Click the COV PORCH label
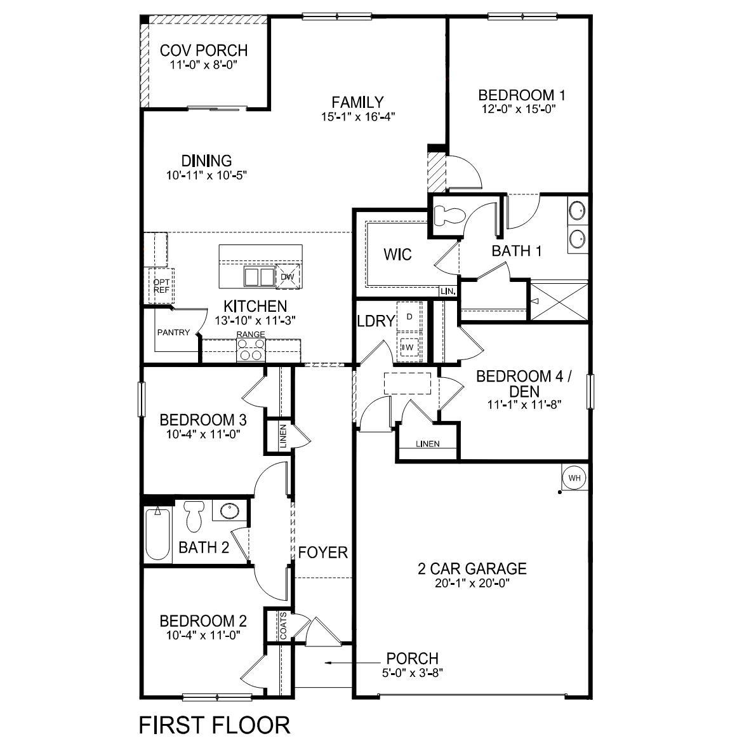[x=203, y=50]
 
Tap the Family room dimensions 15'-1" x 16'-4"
[x=358, y=117]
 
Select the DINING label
[x=206, y=161]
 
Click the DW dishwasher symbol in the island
[x=286, y=276]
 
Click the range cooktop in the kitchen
[x=250, y=349]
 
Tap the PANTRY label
[x=173, y=332]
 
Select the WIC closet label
[x=397, y=255]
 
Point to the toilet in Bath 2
[x=193, y=515]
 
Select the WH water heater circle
[x=573, y=478]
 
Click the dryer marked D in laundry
[x=409, y=316]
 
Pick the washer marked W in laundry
[x=408, y=347]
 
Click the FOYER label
[x=323, y=552]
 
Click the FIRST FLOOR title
[x=215, y=725]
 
